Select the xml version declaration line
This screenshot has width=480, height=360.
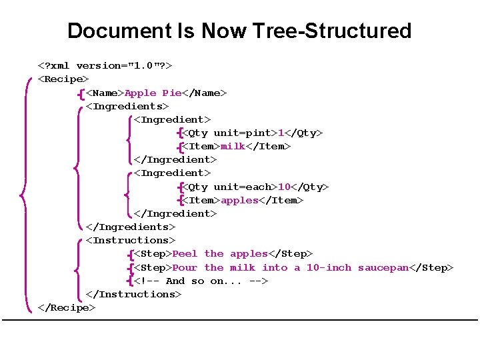(x=105, y=65)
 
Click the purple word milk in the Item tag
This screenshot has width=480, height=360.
(x=233, y=146)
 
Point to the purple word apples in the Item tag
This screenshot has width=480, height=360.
(x=239, y=200)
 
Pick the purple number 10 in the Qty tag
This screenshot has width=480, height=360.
(x=284, y=187)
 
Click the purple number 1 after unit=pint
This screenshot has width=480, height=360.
(x=281, y=133)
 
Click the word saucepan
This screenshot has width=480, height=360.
(x=383, y=267)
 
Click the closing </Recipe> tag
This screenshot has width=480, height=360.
(x=67, y=307)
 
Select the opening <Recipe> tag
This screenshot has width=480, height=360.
(x=64, y=79)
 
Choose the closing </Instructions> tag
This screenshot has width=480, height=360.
(x=134, y=294)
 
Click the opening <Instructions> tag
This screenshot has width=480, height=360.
(x=131, y=240)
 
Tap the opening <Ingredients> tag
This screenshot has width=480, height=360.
(x=127, y=106)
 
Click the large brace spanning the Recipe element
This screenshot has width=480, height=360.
(x=25, y=193)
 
